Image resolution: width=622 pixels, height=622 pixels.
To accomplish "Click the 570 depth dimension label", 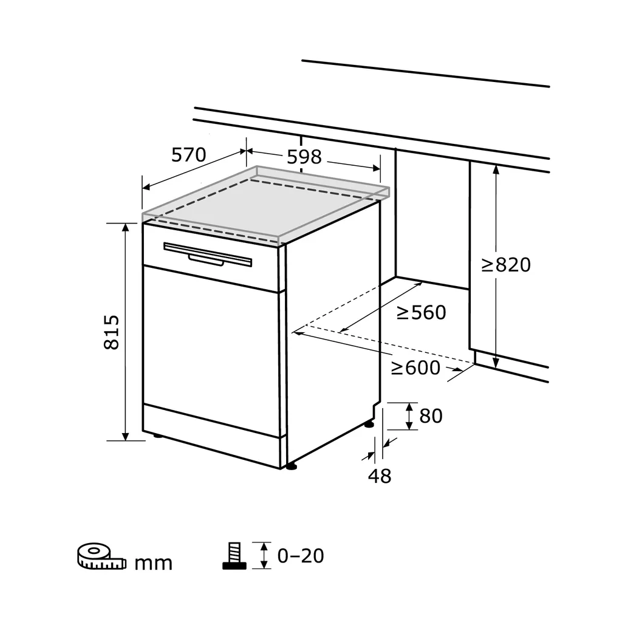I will [188, 155].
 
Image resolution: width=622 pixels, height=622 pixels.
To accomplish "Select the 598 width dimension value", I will [304, 157].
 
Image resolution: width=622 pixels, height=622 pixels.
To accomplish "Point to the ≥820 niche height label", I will [506, 265].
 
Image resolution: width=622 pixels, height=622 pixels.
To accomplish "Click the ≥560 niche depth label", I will [421, 313].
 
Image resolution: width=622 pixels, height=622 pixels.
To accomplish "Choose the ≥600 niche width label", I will [415, 368].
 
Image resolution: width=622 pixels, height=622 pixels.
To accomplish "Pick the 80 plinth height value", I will [431, 416].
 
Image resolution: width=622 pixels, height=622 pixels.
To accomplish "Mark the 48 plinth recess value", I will [380, 476].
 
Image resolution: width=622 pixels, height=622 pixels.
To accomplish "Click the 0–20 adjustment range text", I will [301, 555].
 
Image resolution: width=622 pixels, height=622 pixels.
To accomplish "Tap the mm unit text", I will [153, 564].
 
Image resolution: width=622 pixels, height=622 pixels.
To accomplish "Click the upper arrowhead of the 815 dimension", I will [126, 228].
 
